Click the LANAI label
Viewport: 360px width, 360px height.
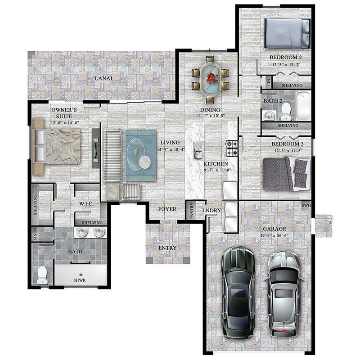pos(103,78)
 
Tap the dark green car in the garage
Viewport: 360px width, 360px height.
pos(238,292)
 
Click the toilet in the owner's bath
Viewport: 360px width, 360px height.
pos(42,275)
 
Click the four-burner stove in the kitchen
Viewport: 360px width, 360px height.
pos(231,146)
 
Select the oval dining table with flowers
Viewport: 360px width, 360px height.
pos(210,78)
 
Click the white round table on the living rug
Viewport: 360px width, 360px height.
pos(145,162)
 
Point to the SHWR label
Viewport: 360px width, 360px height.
pos(80,279)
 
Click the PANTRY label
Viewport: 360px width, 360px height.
pos(192,210)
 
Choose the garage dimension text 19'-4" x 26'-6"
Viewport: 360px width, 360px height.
pos(275,235)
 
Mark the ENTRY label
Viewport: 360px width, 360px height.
pos(167,248)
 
